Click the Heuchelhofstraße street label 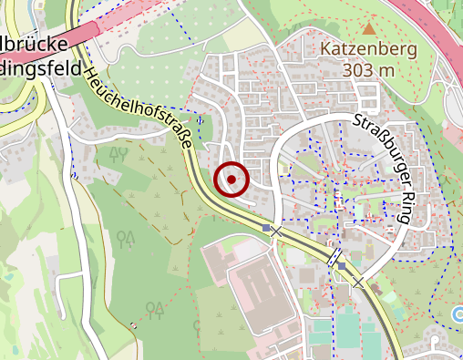(142, 108)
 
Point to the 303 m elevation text (369, 69)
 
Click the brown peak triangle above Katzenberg (368, 29)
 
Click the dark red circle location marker (231, 180)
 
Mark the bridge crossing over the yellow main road (335, 259)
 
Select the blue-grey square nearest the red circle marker (266, 228)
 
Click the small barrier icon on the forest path (133, 324)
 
